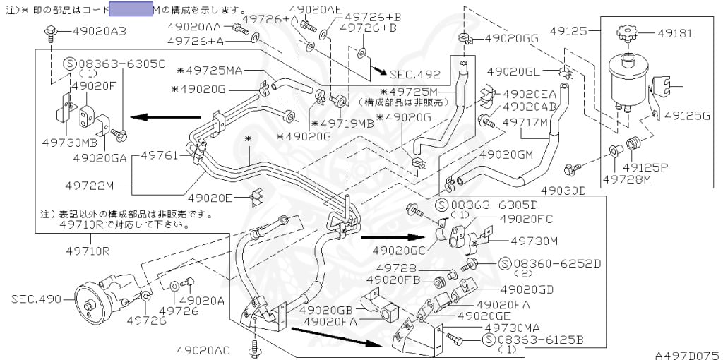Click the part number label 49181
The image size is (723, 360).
(675, 32)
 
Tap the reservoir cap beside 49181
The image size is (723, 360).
(626, 33)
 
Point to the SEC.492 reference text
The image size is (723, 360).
(416, 74)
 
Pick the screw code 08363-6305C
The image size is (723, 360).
(121, 64)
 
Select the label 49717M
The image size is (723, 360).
(525, 121)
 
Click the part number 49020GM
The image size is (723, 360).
(505, 154)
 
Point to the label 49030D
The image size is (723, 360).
(563, 190)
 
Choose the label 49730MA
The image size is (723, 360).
(512, 328)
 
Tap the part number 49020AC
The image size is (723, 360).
(203, 349)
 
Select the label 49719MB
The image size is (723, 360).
(346, 123)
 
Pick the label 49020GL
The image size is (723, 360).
(513, 71)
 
